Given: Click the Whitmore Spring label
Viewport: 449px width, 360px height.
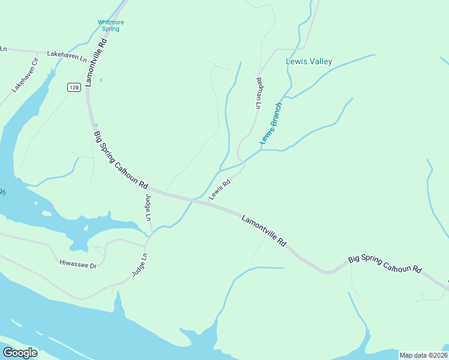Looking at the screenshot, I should point(110,25).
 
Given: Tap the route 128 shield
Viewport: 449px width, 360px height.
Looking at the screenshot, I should point(73,88).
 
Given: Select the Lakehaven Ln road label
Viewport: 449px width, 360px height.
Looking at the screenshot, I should point(67,53).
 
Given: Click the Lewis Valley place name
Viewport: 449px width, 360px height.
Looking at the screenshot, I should point(309,61).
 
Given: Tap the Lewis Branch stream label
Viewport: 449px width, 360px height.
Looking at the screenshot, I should point(271,124).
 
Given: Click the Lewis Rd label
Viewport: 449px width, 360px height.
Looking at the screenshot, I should point(220,191).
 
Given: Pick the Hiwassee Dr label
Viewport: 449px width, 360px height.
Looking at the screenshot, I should point(77,263).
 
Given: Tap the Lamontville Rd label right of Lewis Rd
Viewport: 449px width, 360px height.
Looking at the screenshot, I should point(264,230).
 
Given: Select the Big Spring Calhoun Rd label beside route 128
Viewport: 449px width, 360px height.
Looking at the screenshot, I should point(121,160).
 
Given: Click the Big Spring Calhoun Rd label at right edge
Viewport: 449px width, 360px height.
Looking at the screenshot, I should point(385,265).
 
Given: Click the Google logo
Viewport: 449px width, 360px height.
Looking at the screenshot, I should point(20,353).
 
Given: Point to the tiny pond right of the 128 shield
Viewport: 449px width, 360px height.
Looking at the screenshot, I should point(101,80).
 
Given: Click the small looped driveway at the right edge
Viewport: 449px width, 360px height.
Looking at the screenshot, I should point(424,296).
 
